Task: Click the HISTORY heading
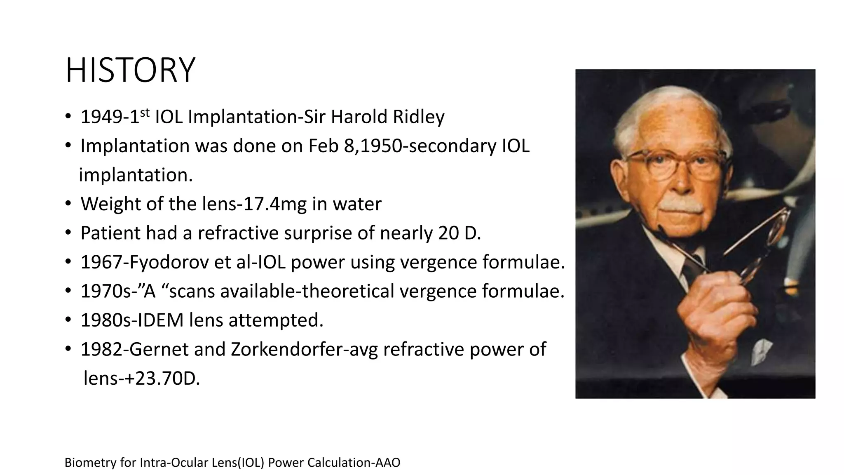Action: (130, 71)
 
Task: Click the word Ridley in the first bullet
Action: (418, 117)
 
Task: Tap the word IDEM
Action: (160, 320)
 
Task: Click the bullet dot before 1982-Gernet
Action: (69, 350)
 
